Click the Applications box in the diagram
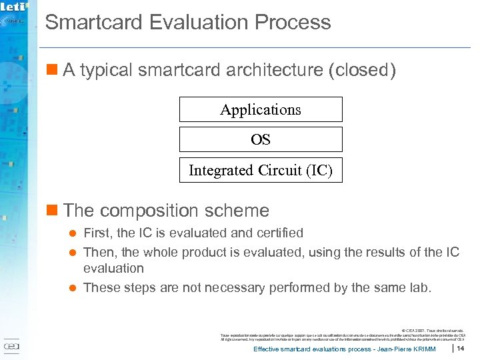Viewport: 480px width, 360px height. [261, 109]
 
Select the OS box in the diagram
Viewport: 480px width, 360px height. [261, 140]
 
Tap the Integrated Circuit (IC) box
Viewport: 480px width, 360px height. [261, 171]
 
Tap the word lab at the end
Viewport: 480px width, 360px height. [420, 287]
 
